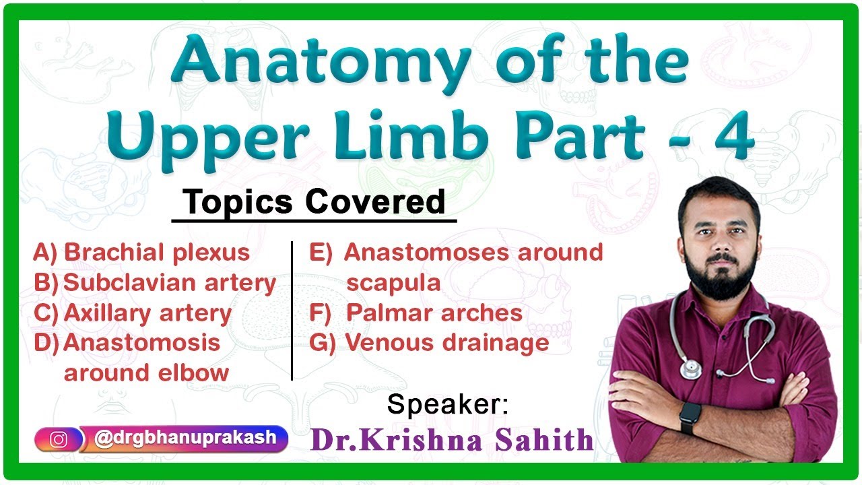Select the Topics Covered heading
[314, 201]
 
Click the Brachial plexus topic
[157, 253]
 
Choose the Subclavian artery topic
[170, 284]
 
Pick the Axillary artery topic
[147, 313]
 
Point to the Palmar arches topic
[434, 313]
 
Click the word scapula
[393, 283]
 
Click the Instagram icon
[59, 439]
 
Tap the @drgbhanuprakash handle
[185, 438]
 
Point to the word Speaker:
[448, 405]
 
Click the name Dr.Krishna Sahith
[452, 440]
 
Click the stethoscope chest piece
[690, 368]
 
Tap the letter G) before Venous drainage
[322, 343]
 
